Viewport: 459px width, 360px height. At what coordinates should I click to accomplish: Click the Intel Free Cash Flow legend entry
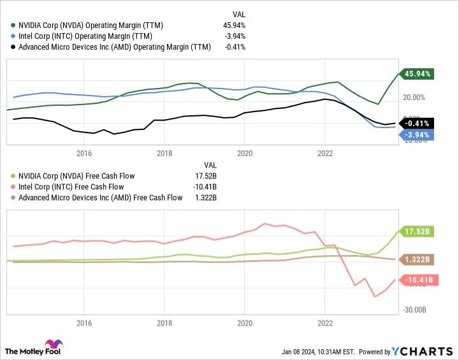coord(80,187)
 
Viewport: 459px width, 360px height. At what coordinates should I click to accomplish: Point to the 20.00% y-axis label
coord(414,97)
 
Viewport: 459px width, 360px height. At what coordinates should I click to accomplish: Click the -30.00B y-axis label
coord(414,310)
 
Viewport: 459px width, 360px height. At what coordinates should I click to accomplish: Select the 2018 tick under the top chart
coord(164,153)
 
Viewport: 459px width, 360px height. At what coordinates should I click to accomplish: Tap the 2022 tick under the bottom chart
coord(325,323)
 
